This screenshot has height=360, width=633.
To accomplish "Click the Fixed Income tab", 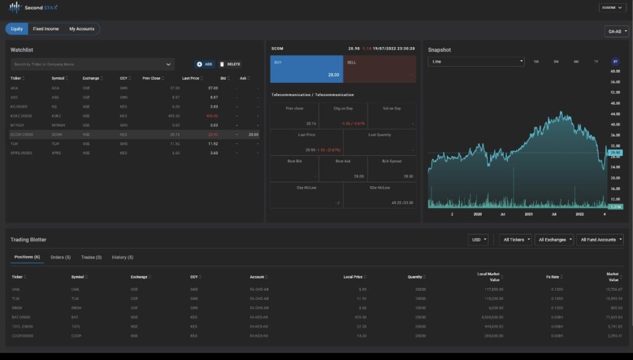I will click(46, 29).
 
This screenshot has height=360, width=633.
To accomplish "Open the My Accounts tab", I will click(82, 29).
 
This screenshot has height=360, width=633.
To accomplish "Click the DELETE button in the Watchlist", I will click(229, 64).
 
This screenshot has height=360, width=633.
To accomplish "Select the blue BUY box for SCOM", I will click(307, 69).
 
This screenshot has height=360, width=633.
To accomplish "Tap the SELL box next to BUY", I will click(380, 69).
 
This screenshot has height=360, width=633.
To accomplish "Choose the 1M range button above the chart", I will click(536, 62).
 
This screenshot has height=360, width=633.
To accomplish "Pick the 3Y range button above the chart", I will click(615, 62).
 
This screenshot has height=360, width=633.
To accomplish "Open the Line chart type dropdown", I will click(476, 62).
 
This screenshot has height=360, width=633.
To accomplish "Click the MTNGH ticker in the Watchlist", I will click(17, 125).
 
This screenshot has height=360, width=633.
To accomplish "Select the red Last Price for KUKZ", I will click(212, 116).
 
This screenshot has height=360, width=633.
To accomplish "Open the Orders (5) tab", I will click(61, 257).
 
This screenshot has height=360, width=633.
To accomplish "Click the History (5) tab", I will click(122, 257).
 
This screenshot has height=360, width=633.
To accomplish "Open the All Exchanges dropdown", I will click(554, 239).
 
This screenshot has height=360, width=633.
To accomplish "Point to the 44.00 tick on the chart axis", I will click(615, 114).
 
